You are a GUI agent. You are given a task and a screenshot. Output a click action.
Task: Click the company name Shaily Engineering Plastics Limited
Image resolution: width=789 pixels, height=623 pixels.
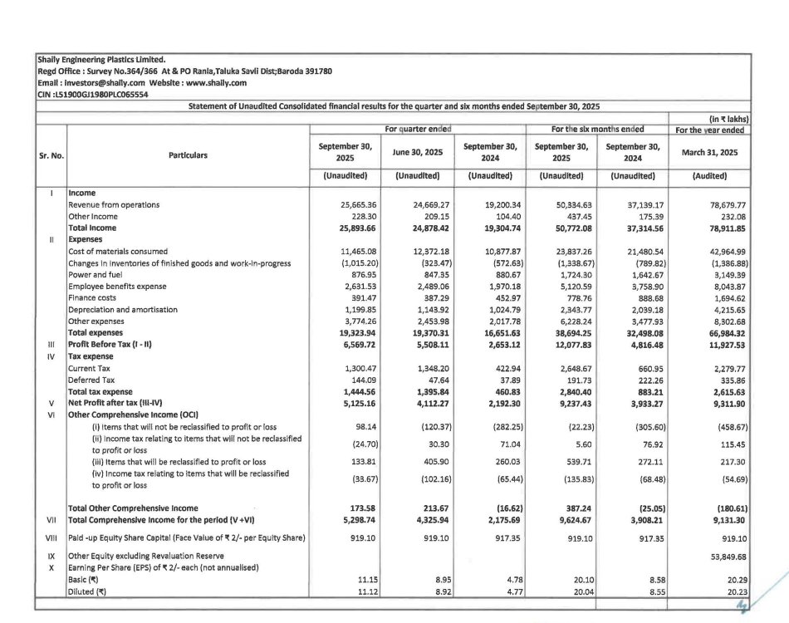101,59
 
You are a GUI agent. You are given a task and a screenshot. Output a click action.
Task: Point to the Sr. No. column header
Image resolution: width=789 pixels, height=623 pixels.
51,155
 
